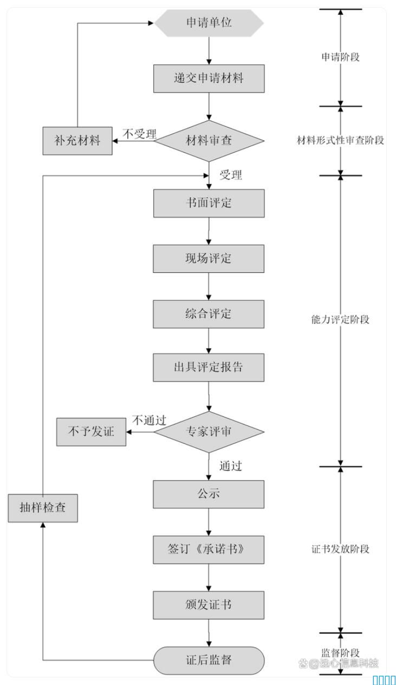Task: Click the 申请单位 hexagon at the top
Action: [209, 23]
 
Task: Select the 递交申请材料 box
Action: [209, 78]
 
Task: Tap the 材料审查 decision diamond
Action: [209, 141]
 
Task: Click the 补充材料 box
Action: [77, 141]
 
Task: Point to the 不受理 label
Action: [139, 134]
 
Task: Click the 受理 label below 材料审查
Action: [230, 174]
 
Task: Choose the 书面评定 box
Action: [209, 203]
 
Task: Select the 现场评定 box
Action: [209, 258]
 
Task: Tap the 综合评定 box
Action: [209, 314]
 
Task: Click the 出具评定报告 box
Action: [209, 367]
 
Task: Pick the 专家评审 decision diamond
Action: [209, 432]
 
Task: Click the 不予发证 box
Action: [91, 432]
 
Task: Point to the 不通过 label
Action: [149, 420]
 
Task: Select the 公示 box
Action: [209, 494]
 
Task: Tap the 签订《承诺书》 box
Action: [209, 549]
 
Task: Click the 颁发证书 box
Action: [209, 605]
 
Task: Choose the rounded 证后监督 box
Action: [209, 660]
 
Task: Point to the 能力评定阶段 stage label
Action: [340, 319]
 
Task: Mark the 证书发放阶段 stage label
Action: [340, 549]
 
